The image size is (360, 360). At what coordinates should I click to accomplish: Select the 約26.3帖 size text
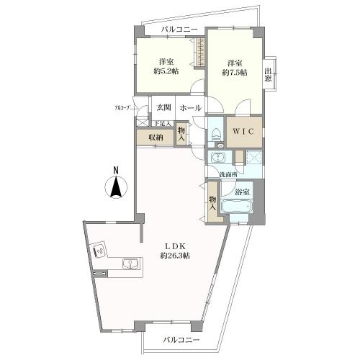click(175, 256)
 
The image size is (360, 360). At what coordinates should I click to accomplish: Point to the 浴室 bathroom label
click(242, 192)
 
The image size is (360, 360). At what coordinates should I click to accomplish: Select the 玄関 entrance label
click(163, 108)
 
